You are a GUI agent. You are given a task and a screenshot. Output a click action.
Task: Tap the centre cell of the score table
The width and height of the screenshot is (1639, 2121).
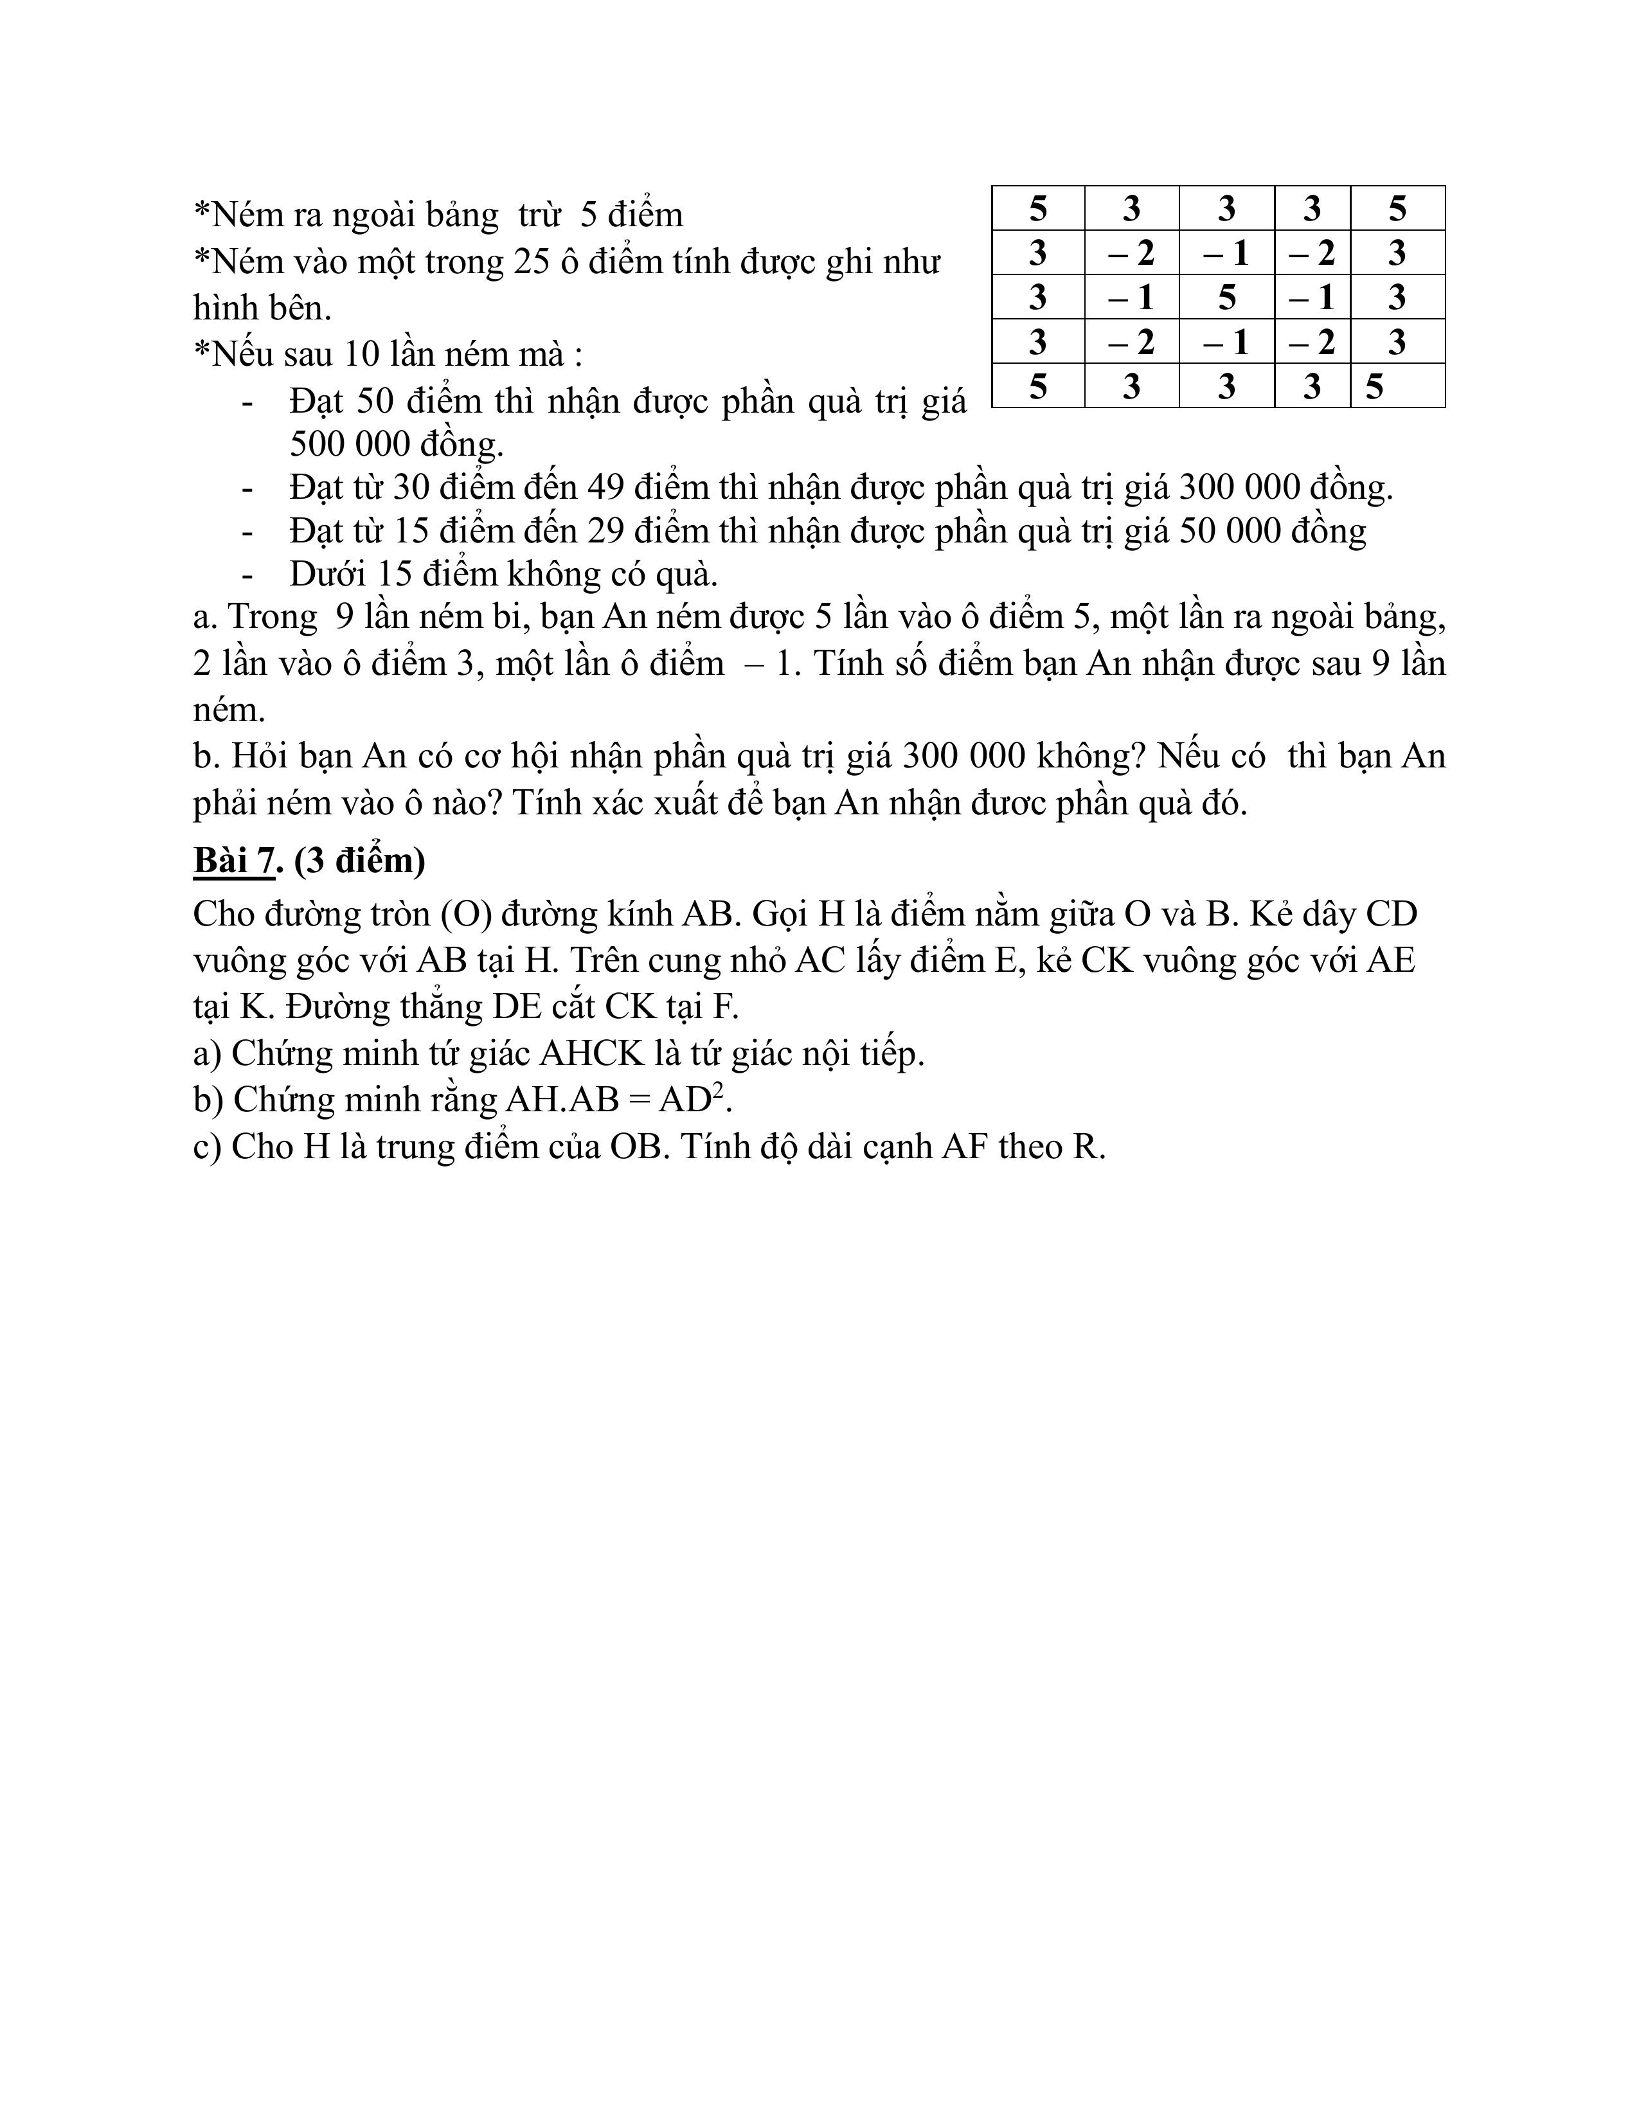pos(1226,297)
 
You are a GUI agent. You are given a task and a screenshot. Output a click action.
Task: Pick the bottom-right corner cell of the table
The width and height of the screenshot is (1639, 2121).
pos(1397,386)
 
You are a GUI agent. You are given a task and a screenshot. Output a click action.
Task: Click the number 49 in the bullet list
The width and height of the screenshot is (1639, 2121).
pos(606,487)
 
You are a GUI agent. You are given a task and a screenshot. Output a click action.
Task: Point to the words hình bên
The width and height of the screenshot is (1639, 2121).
pos(262,308)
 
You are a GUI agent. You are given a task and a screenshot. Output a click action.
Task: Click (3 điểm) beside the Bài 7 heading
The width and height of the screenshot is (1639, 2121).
pos(359,861)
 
